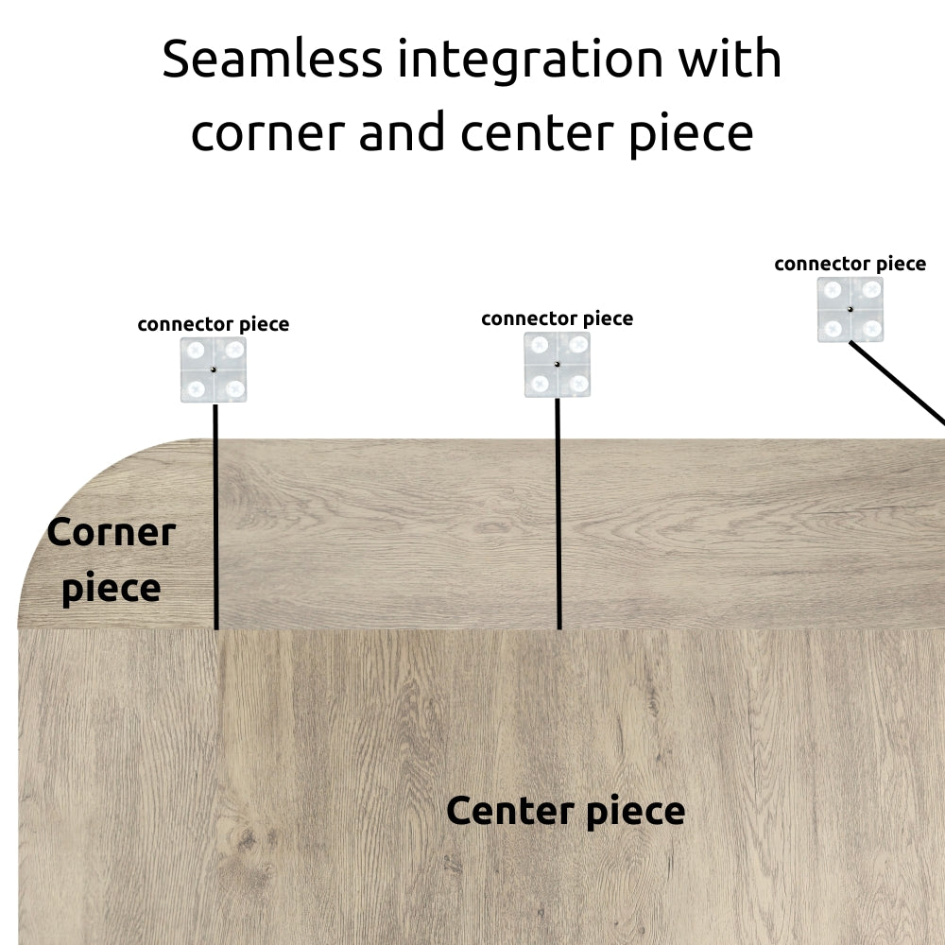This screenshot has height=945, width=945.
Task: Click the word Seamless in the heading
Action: tap(272, 59)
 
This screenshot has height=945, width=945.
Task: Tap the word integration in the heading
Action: tap(530, 61)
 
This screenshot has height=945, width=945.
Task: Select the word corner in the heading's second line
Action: tap(268, 134)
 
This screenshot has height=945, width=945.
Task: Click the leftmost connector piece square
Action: tap(214, 369)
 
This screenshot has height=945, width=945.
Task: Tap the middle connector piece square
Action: tap(557, 365)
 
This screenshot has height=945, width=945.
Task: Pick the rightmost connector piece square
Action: tap(850, 309)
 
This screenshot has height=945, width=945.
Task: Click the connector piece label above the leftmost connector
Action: tap(214, 325)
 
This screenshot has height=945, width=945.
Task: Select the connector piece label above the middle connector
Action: tap(557, 319)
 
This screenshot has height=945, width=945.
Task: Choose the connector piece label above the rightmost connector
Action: tap(850, 265)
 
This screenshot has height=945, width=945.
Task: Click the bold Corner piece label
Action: tap(112, 560)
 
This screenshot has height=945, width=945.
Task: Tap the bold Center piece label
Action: tap(565, 812)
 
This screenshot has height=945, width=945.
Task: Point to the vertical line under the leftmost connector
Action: tap(215, 517)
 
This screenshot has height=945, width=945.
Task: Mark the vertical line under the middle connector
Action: tap(558, 513)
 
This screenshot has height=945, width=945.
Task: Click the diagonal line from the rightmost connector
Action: tap(898, 384)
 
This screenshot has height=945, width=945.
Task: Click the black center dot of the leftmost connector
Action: tap(214, 369)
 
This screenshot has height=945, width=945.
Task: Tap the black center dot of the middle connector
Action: tap(557, 365)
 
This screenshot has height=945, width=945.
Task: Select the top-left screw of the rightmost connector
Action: tap(833, 290)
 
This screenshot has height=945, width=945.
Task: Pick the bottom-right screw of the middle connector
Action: tap(578, 384)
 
